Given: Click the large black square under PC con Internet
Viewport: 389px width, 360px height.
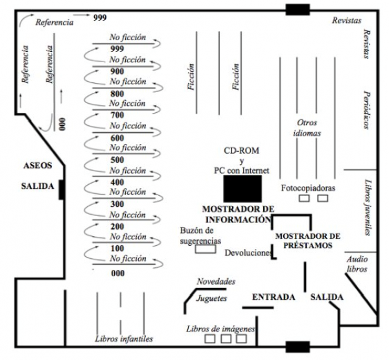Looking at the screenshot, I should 243,188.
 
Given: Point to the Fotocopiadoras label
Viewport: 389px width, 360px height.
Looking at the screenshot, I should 308,187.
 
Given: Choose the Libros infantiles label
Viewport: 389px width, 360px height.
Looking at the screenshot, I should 124,339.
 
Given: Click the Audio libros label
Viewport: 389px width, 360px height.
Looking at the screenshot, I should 357,263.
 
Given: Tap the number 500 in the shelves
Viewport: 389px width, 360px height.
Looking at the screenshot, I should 117,160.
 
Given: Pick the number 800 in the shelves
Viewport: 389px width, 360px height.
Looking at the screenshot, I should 117,93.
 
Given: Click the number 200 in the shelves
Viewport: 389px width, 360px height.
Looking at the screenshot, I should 117,226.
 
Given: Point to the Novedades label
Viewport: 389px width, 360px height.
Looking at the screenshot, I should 216,282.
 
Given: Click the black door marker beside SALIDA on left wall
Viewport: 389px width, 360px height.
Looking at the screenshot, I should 60,190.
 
